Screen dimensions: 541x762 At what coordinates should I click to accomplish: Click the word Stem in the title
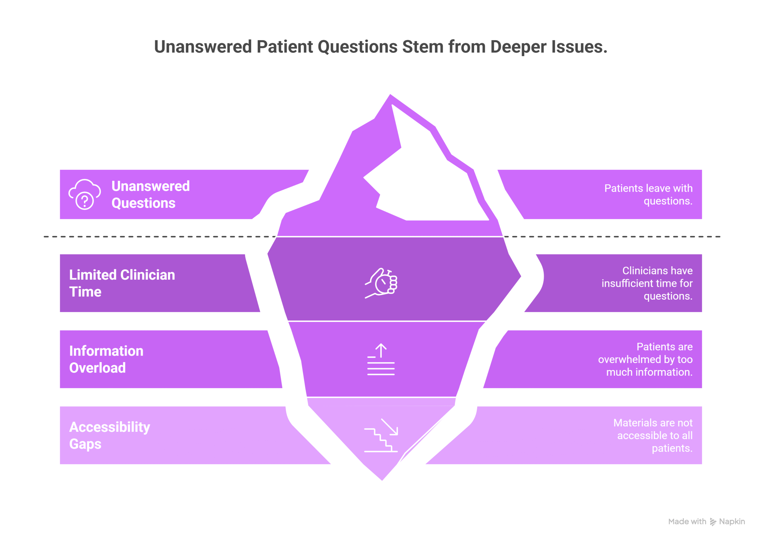[x=422, y=47]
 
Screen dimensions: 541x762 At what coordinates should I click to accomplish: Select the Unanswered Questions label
[x=150, y=194]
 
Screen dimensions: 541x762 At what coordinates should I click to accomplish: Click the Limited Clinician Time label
[x=122, y=283]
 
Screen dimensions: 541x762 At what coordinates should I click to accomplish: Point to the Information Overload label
[x=106, y=359]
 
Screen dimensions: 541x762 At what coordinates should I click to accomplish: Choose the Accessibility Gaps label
[x=109, y=435]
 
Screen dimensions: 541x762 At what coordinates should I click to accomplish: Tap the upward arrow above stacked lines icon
[x=381, y=359]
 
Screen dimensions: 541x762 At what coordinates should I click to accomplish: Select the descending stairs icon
[x=381, y=435]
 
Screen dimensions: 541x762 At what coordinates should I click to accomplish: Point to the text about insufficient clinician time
[x=647, y=283]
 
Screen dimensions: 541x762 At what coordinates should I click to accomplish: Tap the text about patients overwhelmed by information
[x=645, y=359]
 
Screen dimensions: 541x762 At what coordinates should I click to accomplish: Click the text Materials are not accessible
[x=653, y=435]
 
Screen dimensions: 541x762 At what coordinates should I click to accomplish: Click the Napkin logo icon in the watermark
[x=713, y=522]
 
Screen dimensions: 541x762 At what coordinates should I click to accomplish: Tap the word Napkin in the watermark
[x=732, y=521]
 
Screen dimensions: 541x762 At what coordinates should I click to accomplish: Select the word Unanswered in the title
[x=202, y=47]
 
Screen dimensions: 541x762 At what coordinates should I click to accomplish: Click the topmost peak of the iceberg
[x=390, y=96]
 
